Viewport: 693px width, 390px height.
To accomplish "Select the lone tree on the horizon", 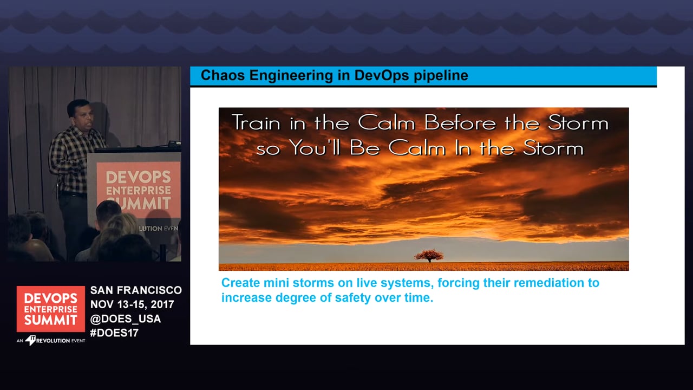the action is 429,256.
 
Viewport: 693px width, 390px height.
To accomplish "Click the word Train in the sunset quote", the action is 256,122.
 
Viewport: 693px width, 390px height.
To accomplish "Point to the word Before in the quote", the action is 460,123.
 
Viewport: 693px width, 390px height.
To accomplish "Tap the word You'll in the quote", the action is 315,148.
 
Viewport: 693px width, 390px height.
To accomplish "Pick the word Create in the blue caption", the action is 241,283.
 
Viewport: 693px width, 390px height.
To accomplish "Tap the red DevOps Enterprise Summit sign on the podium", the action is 139,189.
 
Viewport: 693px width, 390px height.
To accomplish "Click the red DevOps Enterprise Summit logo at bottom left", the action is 51,309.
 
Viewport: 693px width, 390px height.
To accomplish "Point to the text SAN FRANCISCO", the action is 136,290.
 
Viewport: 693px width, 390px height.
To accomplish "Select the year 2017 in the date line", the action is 162,304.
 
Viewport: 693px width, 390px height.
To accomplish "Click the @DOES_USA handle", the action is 125,318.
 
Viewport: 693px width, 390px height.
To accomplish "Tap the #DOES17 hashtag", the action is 114,333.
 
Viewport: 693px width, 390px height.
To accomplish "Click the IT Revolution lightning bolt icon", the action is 30,340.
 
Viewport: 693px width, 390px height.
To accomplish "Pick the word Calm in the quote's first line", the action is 387,122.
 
